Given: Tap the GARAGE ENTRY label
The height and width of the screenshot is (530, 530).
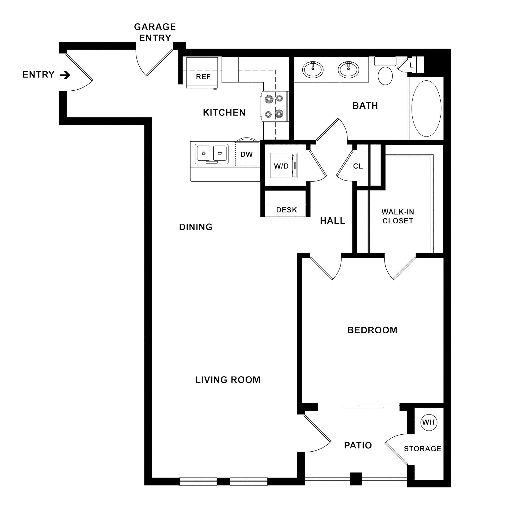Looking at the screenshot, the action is click(x=155, y=32).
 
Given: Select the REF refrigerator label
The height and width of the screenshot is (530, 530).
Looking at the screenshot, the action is click(x=203, y=77).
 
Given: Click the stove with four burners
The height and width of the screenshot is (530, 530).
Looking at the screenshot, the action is click(x=275, y=106).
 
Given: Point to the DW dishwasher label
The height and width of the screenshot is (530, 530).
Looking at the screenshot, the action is click(x=246, y=154).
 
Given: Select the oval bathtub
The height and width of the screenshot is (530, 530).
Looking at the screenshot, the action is click(x=426, y=108).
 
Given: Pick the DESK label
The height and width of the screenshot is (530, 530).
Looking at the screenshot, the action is click(x=286, y=210).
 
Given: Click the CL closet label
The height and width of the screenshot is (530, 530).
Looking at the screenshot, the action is click(x=358, y=166).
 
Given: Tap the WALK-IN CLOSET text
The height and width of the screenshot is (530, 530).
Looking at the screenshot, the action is click(x=398, y=216).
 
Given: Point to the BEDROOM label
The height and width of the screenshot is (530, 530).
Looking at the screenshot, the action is click(x=372, y=330).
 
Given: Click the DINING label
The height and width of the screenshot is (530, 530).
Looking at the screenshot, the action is click(x=196, y=227).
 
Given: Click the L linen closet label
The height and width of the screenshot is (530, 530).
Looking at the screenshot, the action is click(x=411, y=65).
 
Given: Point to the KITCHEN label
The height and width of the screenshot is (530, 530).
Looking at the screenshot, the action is click(x=224, y=113).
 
